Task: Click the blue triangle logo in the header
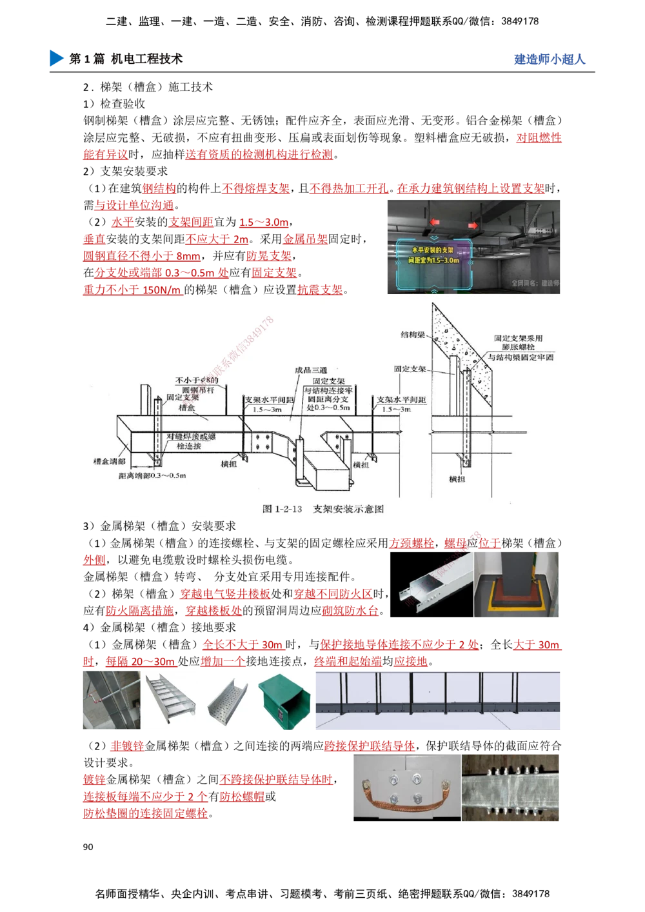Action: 56,57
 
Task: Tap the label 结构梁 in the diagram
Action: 413,335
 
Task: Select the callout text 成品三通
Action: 311,370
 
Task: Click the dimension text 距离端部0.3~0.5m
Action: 152,475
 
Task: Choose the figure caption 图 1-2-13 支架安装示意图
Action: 323,509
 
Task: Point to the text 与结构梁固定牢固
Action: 520,357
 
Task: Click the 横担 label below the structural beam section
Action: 457,479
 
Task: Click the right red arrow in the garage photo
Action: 473,225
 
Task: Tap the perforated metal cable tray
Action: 227,702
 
